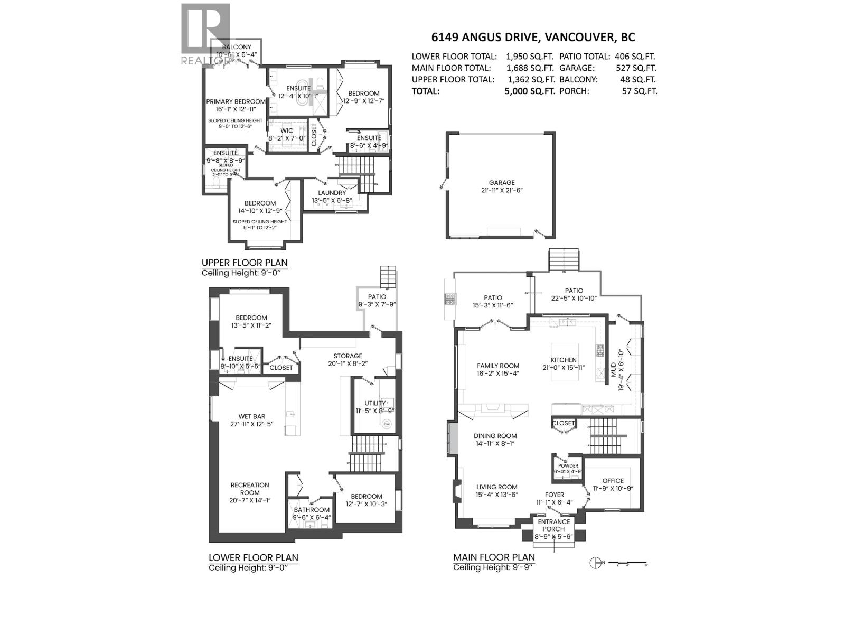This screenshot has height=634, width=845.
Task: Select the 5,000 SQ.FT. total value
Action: [x=530, y=91]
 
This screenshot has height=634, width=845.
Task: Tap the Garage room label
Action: [x=501, y=183]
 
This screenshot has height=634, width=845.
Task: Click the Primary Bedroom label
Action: [x=236, y=102]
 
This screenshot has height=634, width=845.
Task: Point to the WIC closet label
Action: [x=287, y=130]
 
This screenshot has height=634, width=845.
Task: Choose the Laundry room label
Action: [x=332, y=193]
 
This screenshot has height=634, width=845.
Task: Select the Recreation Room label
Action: [x=250, y=489]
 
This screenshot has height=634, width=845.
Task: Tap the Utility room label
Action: [x=375, y=403]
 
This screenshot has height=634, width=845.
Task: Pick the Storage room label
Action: [x=348, y=356]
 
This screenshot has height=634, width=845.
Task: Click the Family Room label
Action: [x=498, y=366]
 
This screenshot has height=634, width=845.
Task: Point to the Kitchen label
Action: [x=563, y=360]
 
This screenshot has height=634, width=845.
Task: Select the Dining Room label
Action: [x=495, y=436]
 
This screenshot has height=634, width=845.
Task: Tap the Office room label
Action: [x=612, y=481]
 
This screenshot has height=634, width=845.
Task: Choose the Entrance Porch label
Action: [x=553, y=525]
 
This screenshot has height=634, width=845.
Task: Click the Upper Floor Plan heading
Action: [x=245, y=263]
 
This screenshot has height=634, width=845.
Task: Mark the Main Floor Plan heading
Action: [x=494, y=557]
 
